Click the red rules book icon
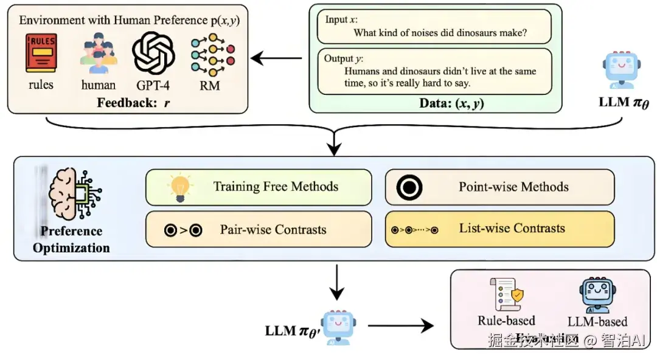click(x=41, y=54)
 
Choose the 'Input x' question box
click(x=434, y=26)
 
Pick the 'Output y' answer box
click(x=434, y=71)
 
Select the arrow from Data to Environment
click(x=277, y=59)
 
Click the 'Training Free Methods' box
click(x=259, y=187)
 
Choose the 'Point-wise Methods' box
click(x=499, y=187)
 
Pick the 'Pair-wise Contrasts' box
click(x=259, y=229)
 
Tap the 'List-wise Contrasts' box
click(x=499, y=229)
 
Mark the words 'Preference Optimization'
click(x=71, y=240)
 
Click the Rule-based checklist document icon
click(x=506, y=295)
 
